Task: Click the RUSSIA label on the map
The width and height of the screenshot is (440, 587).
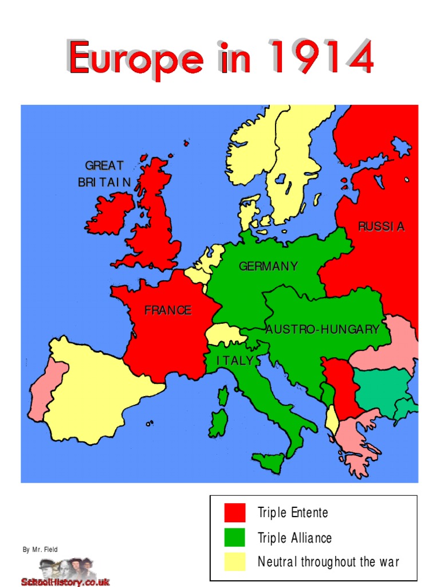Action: (381, 226)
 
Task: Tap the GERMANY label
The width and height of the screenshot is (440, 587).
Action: (268, 267)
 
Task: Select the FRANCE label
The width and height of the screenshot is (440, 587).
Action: (168, 311)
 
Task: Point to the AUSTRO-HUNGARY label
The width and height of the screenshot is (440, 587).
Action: (322, 330)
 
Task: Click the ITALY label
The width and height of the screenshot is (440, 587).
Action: (235, 361)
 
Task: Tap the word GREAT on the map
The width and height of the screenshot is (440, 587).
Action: (104, 166)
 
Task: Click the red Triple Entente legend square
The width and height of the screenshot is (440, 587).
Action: (234, 512)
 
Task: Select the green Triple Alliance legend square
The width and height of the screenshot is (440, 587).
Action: (234, 538)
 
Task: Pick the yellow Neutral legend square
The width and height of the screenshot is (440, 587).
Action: (234, 562)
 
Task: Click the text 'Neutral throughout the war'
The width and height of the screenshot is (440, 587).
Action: (328, 562)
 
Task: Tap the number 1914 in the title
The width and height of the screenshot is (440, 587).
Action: (322, 57)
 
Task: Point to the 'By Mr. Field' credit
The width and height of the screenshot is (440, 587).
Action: (40, 550)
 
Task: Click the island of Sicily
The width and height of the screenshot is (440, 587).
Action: (270, 459)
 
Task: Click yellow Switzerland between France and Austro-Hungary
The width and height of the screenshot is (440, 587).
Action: (224, 334)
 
